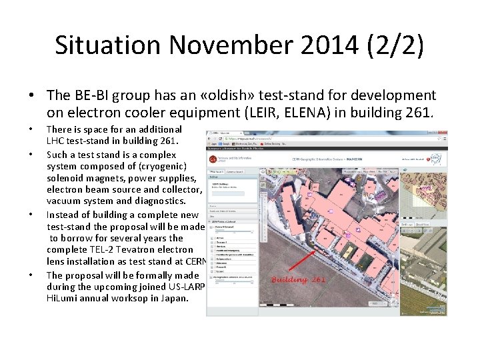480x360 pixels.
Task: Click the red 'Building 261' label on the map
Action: click(x=298, y=279)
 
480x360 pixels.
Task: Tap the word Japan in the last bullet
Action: click(x=175, y=298)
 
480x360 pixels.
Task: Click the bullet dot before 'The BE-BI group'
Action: click(x=31, y=96)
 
